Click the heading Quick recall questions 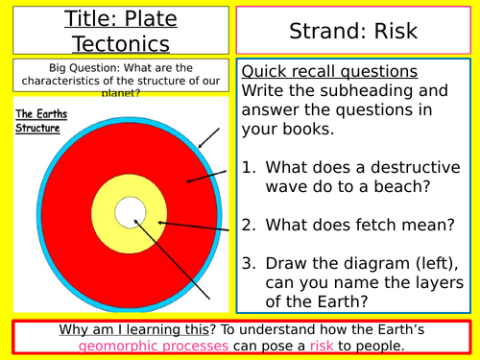(329, 73)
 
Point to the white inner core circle (128, 212)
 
